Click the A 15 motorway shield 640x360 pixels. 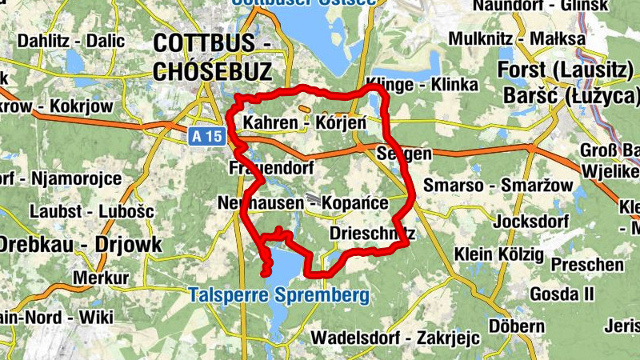(207, 137)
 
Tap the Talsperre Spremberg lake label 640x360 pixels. (279, 295)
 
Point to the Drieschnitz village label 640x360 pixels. (373, 234)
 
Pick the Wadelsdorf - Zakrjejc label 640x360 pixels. (395, 338)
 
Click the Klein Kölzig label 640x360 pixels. (498, 254)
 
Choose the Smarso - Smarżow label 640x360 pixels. (498, 186)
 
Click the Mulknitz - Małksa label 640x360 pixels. (517, 38)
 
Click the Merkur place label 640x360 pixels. (101, 278)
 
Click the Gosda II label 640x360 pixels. (562, 294)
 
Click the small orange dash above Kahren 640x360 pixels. (304, 110)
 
